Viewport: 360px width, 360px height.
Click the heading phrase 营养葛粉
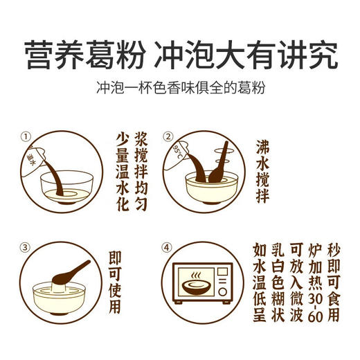tap(92, 53)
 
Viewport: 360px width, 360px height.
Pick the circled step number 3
tap(27, 246)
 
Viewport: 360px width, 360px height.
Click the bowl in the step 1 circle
tap(68, 185)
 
